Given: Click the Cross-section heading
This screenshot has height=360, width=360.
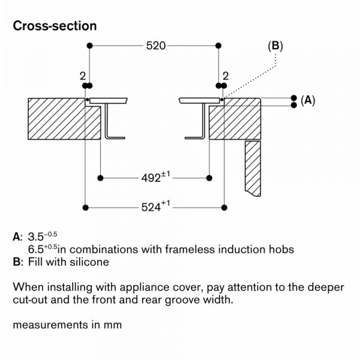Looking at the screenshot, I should coord(55,27).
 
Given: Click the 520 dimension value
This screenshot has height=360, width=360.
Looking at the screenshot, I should coord(153,46).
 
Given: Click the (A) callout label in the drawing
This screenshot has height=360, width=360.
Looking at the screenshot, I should coord(307,101).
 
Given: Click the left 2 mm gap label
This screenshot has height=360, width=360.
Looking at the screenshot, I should coord(82,76).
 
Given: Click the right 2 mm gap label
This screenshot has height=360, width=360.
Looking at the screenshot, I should coord(226,76).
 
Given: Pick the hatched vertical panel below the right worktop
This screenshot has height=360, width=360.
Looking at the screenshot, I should coord(253,168).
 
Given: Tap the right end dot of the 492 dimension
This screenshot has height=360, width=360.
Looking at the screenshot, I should coord(209,178).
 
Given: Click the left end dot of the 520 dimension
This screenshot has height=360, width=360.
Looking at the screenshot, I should coord(89,46).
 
